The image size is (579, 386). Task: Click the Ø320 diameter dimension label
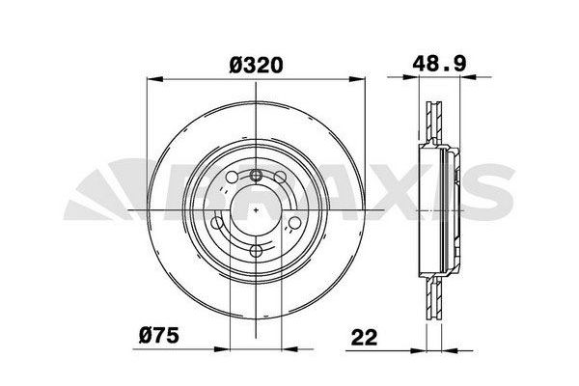click(x=257, y=66)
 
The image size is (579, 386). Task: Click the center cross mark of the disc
click(x=256, y=210)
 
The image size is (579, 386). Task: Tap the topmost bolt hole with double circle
click(x=256, y=175)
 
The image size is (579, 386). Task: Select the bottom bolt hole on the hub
click(x=256, y=250)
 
